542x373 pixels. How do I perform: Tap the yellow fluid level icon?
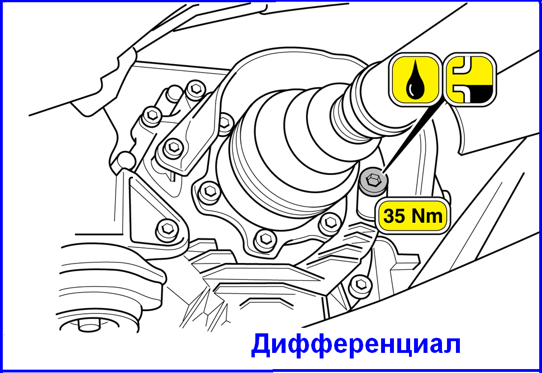click(470, 80)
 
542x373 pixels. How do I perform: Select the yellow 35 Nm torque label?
click(413, 216)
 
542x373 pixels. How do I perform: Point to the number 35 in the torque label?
click(396, 217)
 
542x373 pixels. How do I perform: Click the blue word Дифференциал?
click(356, 344)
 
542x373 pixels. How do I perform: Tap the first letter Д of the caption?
click(263, 345)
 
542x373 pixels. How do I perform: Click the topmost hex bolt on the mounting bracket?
click(196, 89)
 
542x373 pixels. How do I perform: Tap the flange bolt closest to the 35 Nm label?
click(330, 223)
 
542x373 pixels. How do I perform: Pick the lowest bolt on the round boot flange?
click(265, 238)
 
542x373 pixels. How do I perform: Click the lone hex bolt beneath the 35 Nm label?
click(360, 285)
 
